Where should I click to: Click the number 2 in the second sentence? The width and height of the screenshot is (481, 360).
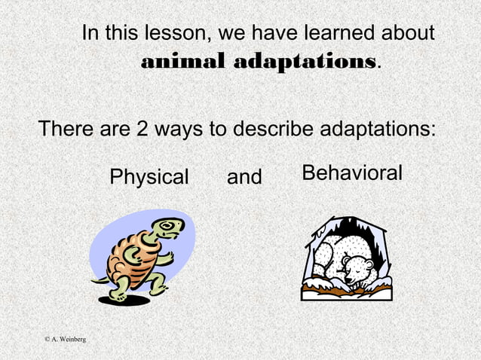(141, 129)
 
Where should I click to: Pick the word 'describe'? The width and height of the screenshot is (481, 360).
(271, 129)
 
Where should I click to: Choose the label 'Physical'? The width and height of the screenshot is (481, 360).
(149, 178)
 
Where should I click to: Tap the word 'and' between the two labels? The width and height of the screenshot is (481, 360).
(244, 178)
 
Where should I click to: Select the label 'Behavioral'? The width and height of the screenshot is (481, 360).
(352, 174)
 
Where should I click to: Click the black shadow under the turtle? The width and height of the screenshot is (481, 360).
(124, 300)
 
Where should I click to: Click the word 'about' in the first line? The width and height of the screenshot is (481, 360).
(407, 34)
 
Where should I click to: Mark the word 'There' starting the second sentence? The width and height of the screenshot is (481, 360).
(66, 129)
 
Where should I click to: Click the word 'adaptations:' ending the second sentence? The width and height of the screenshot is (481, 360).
(379, 130)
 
